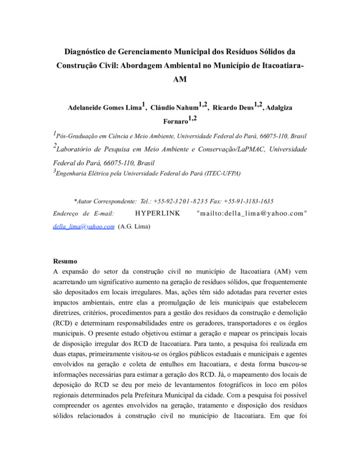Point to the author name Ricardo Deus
[x=233, y=108]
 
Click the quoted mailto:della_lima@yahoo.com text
[x=252, y=213]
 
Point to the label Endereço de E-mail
[x=82, y=213]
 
